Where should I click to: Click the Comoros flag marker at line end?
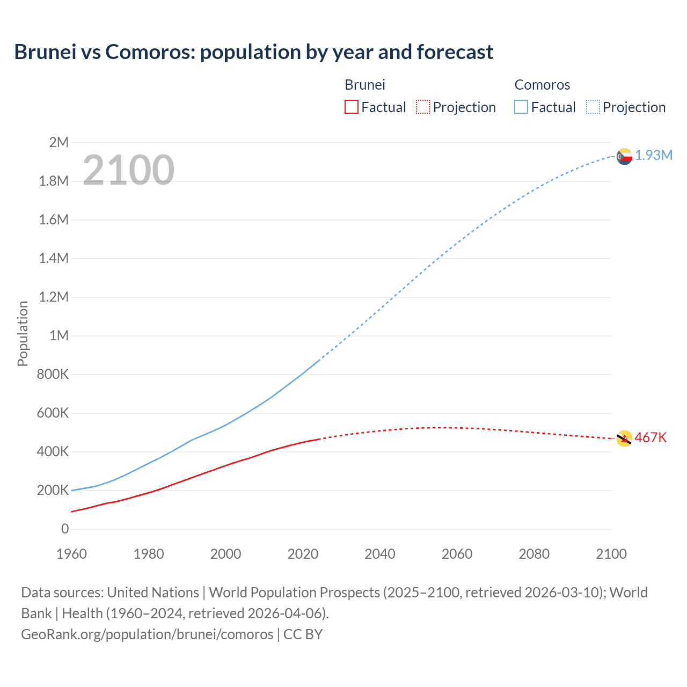click(624, 156)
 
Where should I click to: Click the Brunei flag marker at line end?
click(624, 438)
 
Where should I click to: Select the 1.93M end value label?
click(654, 155)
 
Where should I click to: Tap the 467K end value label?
click(651, 437)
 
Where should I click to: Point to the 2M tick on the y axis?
click(59, 142)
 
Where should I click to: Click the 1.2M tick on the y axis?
click(54, 297)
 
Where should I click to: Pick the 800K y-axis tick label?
click(53, 374)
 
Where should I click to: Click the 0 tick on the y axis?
click(65, 529)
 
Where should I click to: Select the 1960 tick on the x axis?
click(71, 554)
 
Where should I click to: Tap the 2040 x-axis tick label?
click(380, 554)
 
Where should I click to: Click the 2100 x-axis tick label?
click(611, 554)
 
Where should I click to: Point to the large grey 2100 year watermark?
click(128, 170)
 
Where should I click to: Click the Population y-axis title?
click(23, 333)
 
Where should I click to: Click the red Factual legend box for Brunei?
click(351, 107)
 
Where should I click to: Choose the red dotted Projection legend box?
click(423, 107)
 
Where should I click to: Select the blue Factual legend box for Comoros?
click(521, 107)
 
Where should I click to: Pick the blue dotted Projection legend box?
click(593, 107)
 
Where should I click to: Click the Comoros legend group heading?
click(542, 85)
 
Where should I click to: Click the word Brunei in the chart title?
click(45, 52)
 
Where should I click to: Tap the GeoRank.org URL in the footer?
click(147, 634)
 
